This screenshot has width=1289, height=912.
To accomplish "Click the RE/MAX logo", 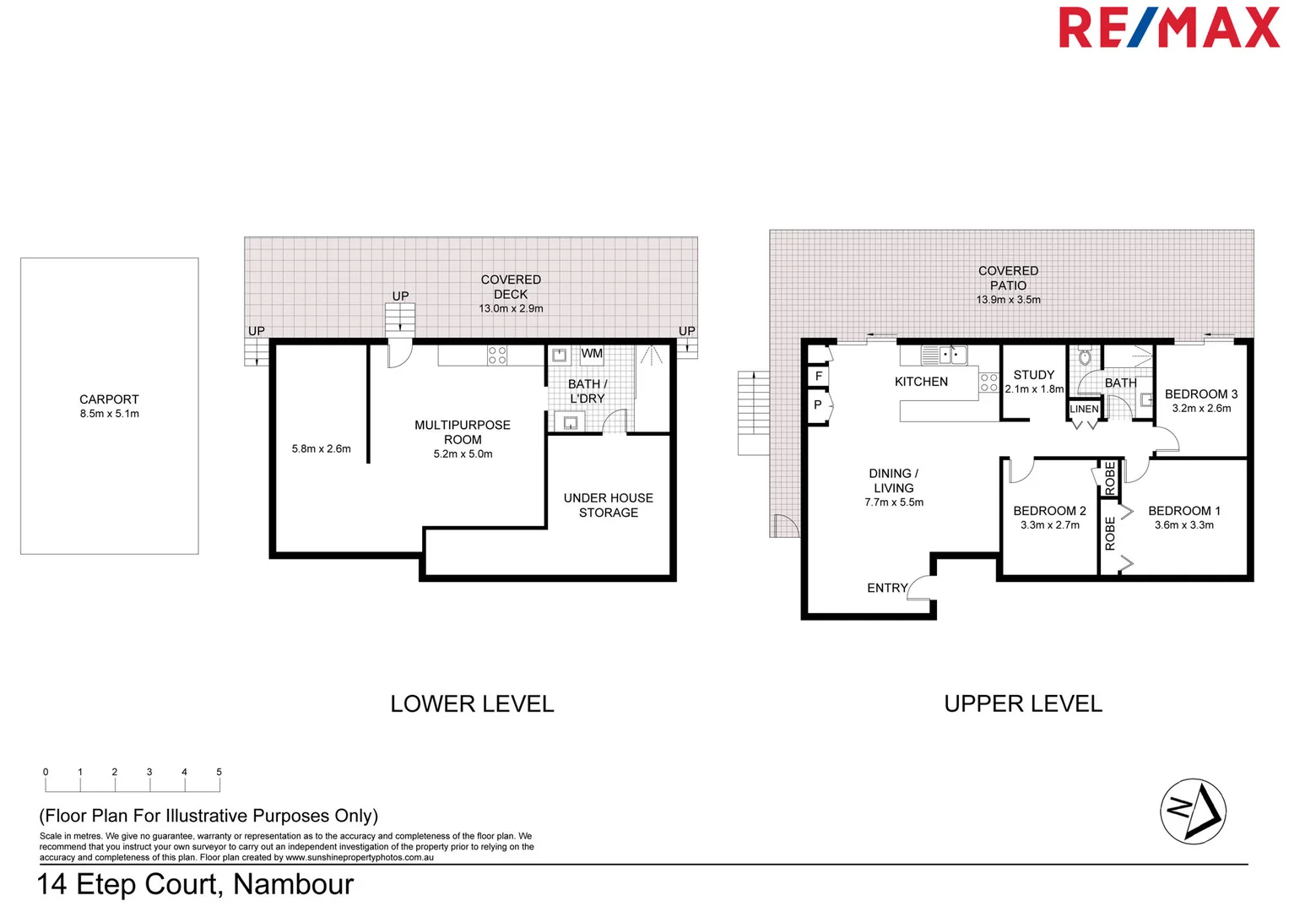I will pyautogui.click(x=1168, y=28).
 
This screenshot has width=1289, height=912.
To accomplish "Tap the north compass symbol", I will pyautogui.click(x=1193, y=811).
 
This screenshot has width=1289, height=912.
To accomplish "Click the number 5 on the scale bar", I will pyautogui.click(x=219, y=772).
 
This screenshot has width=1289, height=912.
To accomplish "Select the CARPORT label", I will pyautogui.click(x=109, y=399).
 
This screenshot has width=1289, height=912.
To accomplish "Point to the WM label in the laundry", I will pyautogui.click(x=592, y=354).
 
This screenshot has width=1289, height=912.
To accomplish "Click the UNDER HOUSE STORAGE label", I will pyautogui.click(x=608, y=505).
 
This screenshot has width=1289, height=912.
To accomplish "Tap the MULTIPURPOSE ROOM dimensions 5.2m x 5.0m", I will pyautogui.click(x=463, y=454).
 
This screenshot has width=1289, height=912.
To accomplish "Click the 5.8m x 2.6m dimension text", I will pyautogui.click(x=321, y=449).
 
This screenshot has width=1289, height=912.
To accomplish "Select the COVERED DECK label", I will pyautogui.click(x=511, y=287).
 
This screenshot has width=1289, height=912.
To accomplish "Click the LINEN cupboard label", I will pyautogui.click(x=1084, y=410).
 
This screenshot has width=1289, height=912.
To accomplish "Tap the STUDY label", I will pyautogui.click(x=1033, y=375).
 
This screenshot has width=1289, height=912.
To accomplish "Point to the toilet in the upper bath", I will pyautogui.click(x=1085, y=357).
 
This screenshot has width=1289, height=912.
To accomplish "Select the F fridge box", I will pyautogui.click(x=818, y=376).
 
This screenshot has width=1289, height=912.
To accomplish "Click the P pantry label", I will pyautogui.click(x=817, y=405).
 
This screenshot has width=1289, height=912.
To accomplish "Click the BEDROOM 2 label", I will pyautogui.click(x=1049, y=511).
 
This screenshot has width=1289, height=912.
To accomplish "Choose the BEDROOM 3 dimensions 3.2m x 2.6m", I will pyautogui.click(x=1200, y=409).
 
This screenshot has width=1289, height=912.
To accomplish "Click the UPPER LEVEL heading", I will pyautogui.click(x=1022, y=703).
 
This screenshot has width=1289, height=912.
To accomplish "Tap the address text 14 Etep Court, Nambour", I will pyautogui.click(x=195, y=884).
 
